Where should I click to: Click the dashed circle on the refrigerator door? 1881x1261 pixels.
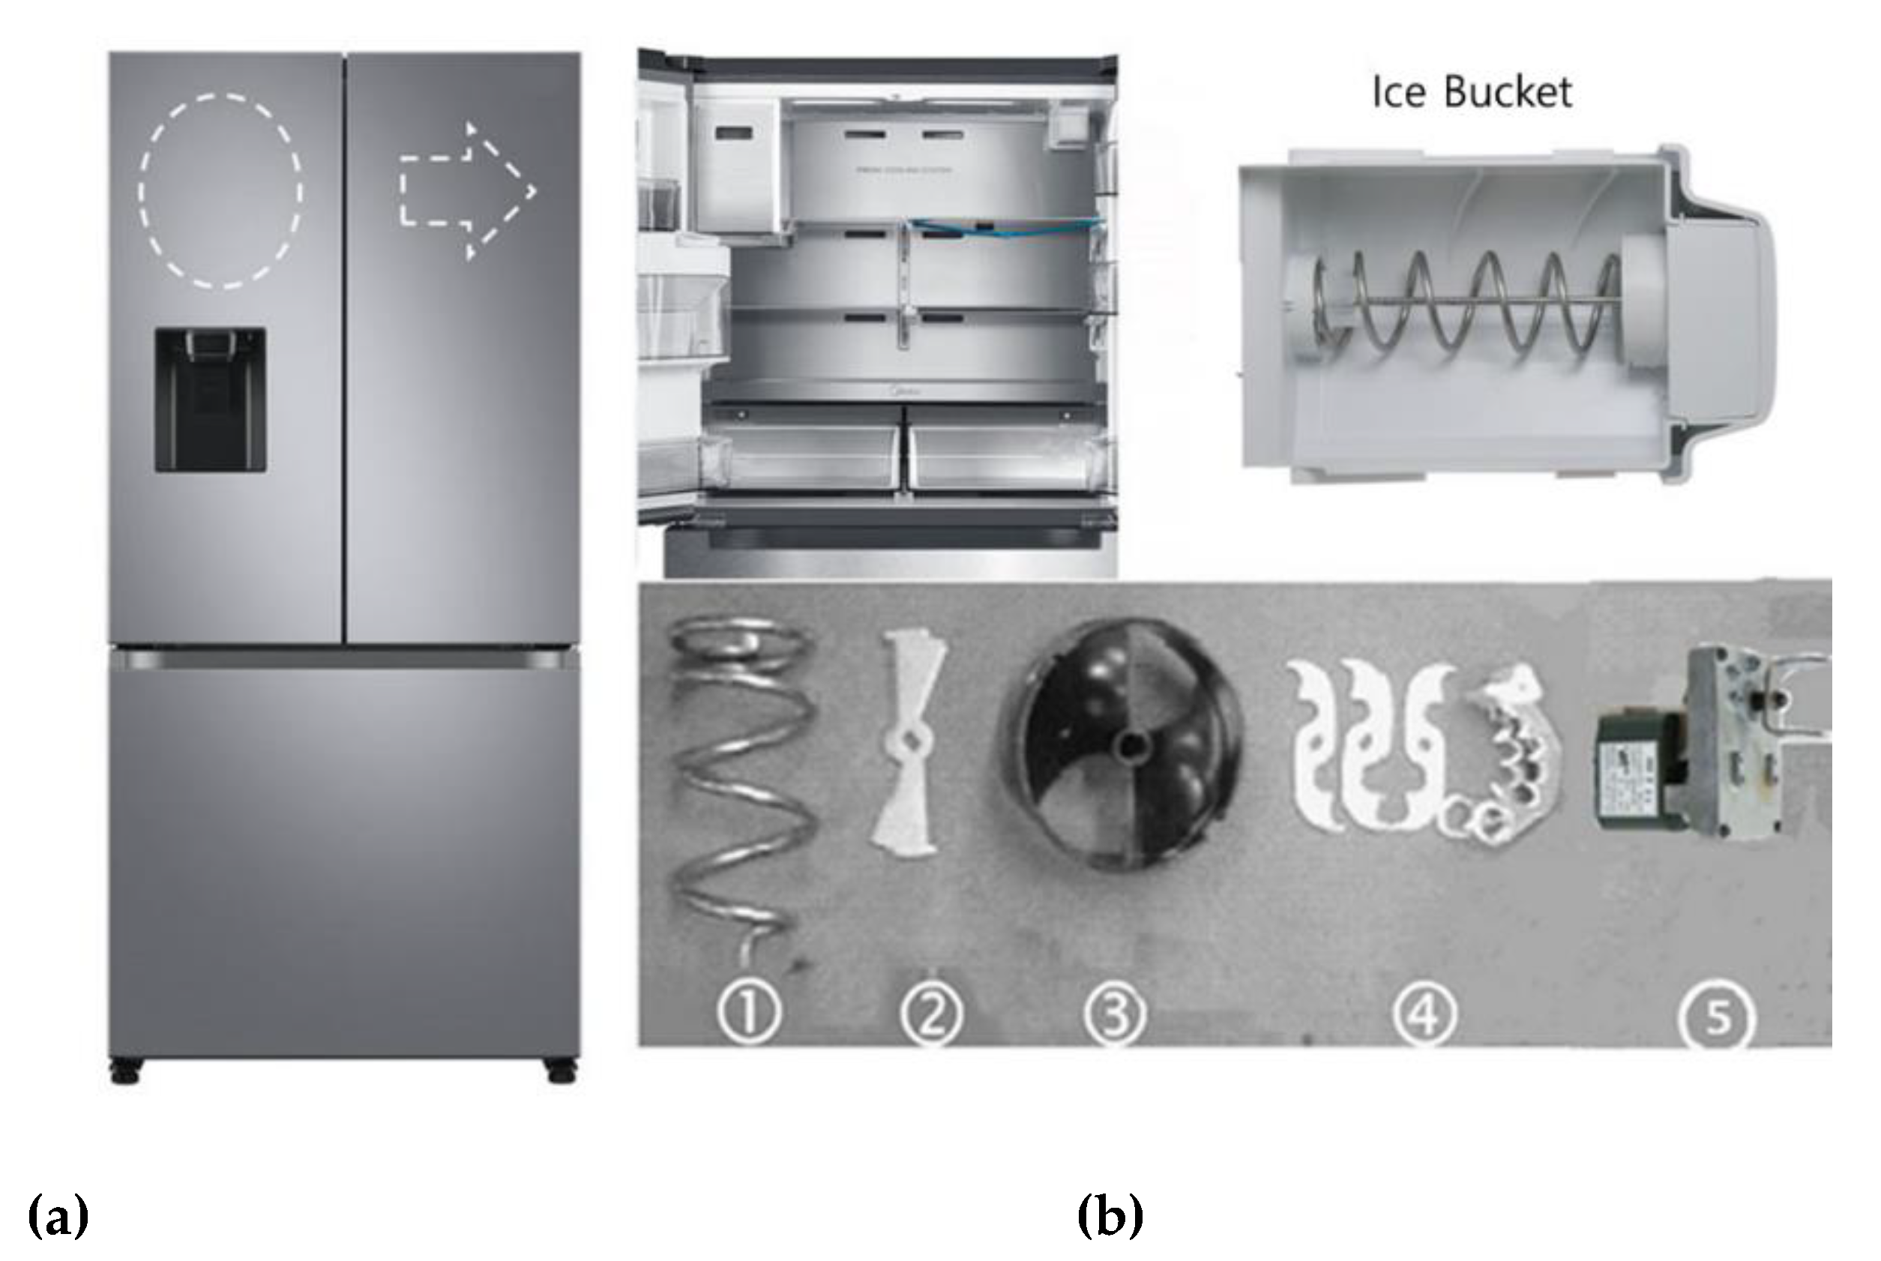(x=220, y=190)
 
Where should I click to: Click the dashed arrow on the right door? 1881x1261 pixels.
(x=466, y=191)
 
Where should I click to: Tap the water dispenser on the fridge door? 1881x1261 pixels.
(x=210, y=399)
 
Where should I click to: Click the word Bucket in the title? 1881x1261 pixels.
(x=1507, y=92)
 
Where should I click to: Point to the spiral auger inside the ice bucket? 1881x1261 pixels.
(x=1463, y=302)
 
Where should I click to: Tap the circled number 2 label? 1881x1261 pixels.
(x=931, y=1015)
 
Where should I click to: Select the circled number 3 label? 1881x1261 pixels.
(x=1115, y=1015)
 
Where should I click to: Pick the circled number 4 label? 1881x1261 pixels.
(x=1424, y=1015)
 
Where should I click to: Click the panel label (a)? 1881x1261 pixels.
(x=58, y=1215)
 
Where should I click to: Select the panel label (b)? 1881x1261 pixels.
(x=1110, y=1215)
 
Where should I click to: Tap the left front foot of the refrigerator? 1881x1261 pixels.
(x=126, y=1072)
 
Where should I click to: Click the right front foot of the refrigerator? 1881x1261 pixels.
(x=562, y=1072)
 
